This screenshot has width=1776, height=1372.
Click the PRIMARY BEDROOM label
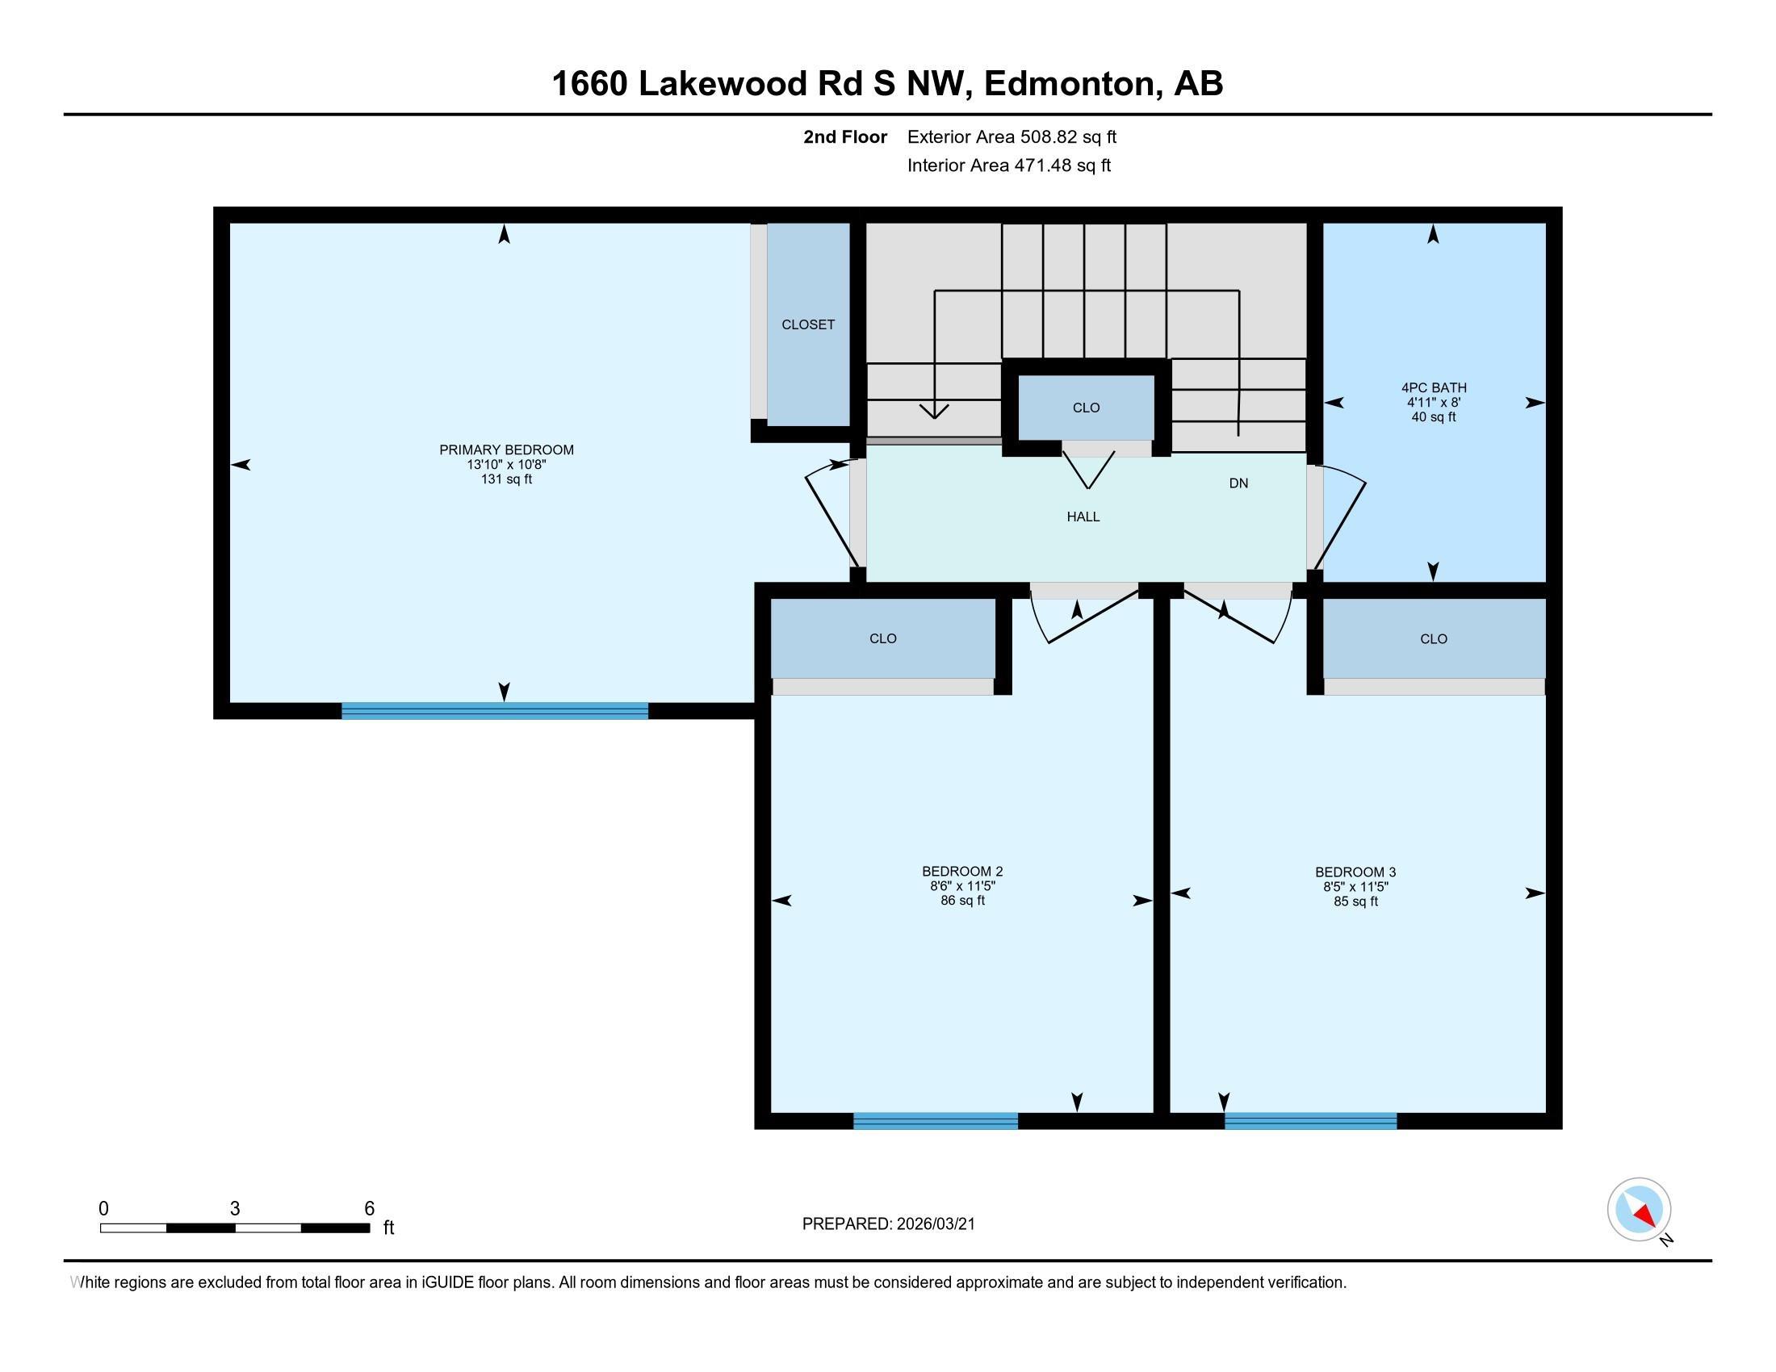(x=507, y=450)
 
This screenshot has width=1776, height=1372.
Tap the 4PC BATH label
(x=1434, y=387)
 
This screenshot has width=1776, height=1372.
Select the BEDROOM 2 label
(x=963, y=872)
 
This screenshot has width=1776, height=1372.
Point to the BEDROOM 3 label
(x=1355, y=872)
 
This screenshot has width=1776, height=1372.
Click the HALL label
(x=1083, y=517)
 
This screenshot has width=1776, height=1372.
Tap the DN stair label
(x=1238, y=483)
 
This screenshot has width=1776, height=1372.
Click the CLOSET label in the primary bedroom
(x=808, y=325)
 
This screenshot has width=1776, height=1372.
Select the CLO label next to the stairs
(x=1087, y=408)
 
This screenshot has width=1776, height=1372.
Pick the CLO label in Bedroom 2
(x=883, y=639)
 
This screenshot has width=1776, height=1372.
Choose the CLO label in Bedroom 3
(x=1434, y=639)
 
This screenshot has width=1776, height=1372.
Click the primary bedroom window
(x=494, y=711)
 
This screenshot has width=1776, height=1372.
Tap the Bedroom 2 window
(x=935, y=1121)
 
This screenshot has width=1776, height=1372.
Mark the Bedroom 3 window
(x=1311, y=1121)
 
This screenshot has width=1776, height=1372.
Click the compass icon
(x=1640, y=1211)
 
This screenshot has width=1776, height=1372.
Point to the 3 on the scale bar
(x=235, y=1209)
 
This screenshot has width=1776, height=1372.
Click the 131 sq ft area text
(x=507, y=479)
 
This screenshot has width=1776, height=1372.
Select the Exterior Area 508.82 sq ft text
(x=1012, y=137)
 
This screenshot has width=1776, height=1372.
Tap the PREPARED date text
(x=889, y=1224)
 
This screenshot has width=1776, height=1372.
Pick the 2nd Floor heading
(x=845, y=137)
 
